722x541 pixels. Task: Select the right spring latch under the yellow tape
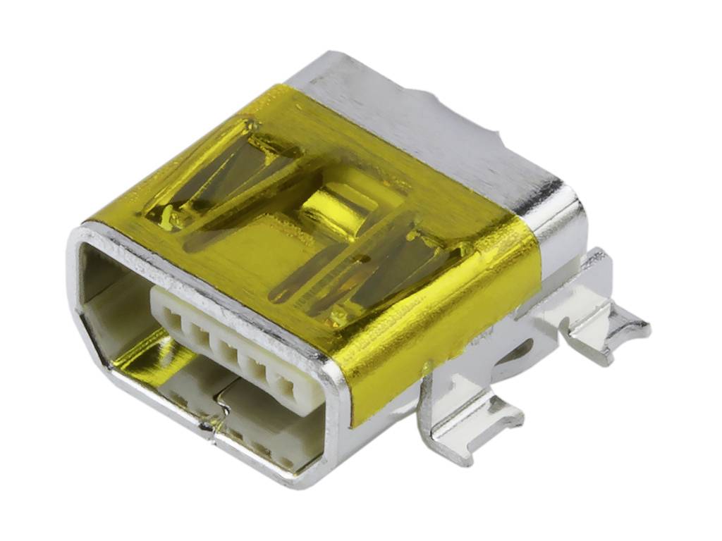(381, 268)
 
